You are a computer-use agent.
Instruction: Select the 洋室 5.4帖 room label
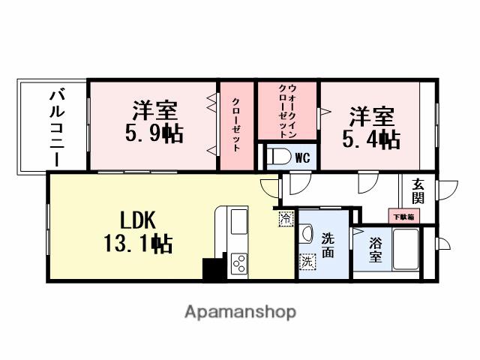point(372,128)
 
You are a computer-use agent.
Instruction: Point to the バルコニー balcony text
point(58,127)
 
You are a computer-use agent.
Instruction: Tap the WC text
point(302,157)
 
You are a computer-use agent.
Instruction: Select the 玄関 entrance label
point(418,192)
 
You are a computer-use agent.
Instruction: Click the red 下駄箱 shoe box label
point(403,216)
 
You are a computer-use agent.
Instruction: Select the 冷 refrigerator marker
point(286,219)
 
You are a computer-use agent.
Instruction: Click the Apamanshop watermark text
point(240,311)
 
